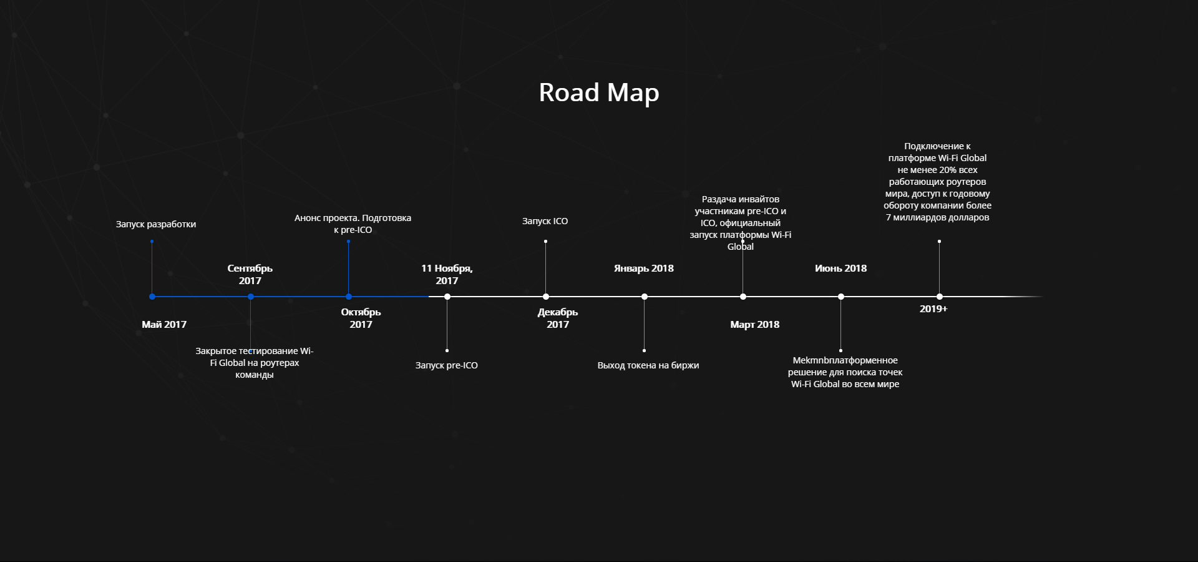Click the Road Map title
599,93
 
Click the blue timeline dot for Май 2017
152,297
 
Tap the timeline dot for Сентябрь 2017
251,297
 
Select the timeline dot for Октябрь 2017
349,297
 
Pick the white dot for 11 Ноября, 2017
447,297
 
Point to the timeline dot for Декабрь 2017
546,297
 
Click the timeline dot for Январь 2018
645,297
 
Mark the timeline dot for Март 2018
743,297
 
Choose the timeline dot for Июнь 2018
841,297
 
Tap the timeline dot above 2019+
940,297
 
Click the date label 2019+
933,309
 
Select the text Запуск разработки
156,224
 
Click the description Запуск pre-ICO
447,365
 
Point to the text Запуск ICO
545,221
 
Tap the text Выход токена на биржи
648,365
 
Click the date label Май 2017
164,325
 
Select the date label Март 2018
755,325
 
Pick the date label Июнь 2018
841,269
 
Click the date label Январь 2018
644,269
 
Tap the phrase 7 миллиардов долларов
938,217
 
